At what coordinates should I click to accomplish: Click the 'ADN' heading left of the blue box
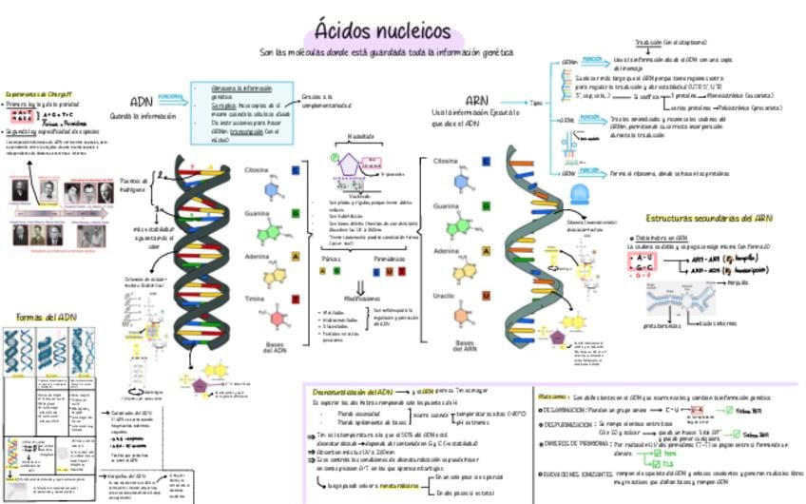141,102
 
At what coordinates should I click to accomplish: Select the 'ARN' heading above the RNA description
476,101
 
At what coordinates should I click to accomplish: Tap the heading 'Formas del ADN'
47,317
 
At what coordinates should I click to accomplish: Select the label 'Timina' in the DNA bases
255,298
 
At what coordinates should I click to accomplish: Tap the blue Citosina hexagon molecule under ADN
273,186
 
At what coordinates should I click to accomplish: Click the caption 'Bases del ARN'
465,345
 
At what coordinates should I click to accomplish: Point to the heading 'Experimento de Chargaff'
39,94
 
